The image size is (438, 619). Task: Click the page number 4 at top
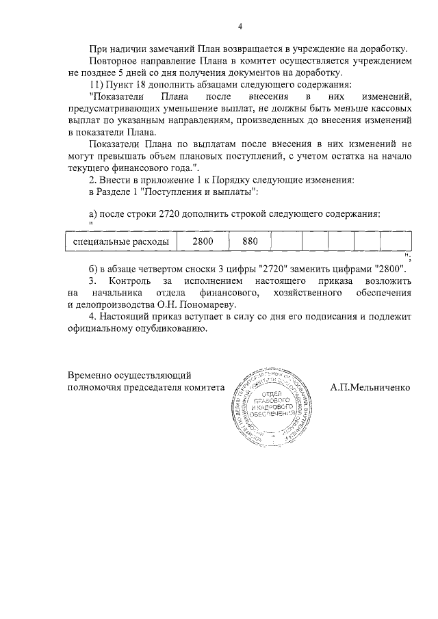tap(240, 27)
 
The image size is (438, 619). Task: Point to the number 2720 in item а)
tap(171, 213)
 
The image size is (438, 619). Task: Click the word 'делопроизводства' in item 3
tap(122, 304)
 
